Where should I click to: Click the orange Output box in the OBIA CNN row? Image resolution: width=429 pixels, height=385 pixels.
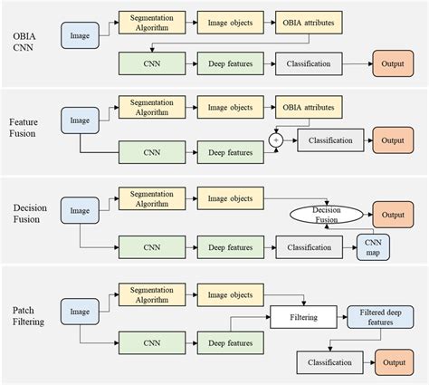392,63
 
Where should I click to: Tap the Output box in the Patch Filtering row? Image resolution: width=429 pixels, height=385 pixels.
392,362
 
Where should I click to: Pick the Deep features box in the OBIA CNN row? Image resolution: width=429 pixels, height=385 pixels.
225,63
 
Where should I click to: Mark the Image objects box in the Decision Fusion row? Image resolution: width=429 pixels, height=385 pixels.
225,197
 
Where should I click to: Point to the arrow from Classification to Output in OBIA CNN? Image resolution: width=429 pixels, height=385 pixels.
358,63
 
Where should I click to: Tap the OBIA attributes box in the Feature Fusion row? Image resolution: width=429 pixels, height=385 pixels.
303,106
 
